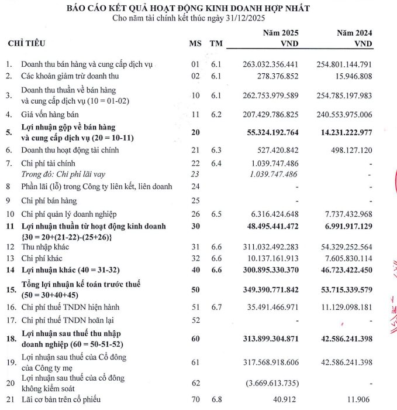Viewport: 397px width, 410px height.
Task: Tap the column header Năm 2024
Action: pos(354,33)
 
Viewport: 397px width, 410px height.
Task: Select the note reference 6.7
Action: pos(218,307)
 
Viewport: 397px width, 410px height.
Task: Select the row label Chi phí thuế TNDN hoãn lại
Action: pos(65,320)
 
